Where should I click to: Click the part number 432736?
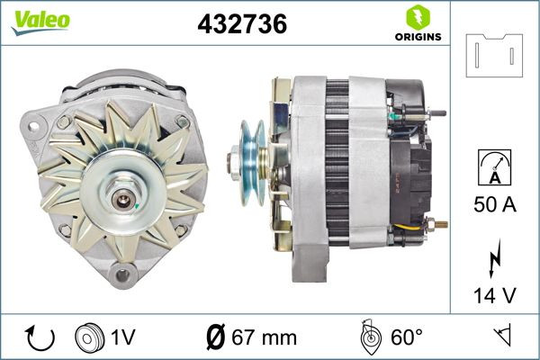pyautogui.click(x=242, y=25)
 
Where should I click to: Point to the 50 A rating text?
pyautogui.click(x=493, y=205)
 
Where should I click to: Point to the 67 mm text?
pyautogui.click(x=265, y=338)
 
